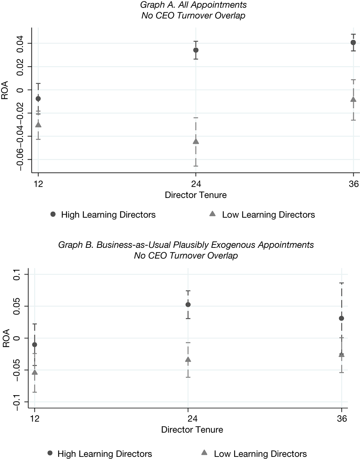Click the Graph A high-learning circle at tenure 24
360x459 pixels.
coord(196,50)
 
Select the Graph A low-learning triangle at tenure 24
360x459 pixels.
coord(196,141)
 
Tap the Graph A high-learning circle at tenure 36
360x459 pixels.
coord(353,42)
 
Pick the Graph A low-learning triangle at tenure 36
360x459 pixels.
coord(353,99)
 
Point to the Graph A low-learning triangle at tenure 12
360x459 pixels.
coord(38,124)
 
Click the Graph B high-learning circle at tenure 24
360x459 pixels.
coord(188,304)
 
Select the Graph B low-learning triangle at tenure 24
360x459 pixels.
coord(188,360)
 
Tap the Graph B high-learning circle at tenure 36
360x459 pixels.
coord(341,318)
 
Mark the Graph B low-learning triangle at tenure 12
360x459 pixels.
coord(34,372)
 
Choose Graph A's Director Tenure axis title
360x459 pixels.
coord(196,195)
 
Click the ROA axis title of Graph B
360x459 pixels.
coord(6,338)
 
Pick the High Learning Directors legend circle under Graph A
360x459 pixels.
coord(53,214)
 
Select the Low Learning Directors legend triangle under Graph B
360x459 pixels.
coord(204,452)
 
